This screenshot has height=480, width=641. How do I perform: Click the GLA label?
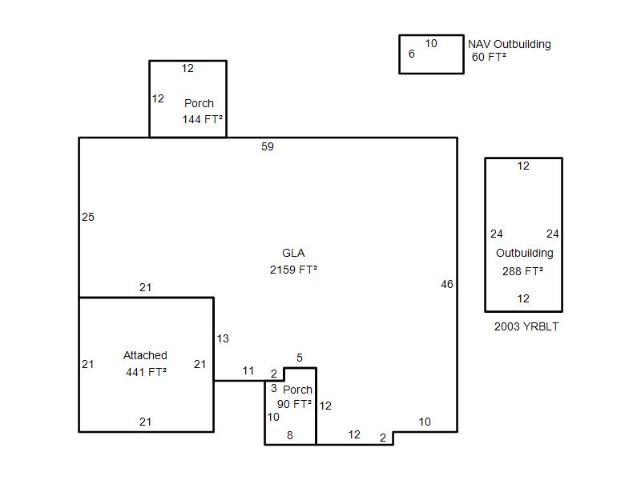[293, 253]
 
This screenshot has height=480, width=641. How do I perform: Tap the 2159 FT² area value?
[293, 270]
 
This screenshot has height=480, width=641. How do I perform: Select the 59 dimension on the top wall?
[268, 146]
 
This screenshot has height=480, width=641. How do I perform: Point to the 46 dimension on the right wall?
[447, 284]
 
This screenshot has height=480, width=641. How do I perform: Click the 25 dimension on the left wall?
[88, 217]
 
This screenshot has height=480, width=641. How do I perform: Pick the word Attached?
[145, 355]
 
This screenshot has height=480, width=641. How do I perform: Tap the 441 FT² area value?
[147, 372]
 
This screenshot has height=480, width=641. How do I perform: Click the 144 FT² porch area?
[203, 119]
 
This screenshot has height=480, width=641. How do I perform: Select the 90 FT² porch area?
[294, 404]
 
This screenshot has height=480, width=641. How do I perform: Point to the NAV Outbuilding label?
[510, 44]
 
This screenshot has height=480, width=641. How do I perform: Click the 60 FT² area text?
[489, 57]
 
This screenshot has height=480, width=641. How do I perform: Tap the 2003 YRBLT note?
[526, 326]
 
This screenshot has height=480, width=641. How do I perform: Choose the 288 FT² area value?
[523, 271]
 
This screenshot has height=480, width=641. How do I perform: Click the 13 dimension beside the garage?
[223, 338]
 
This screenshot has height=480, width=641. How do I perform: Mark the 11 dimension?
[248, 370]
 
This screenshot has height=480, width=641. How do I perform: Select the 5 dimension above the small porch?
[300, 358]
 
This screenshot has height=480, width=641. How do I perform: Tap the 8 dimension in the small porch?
[290, 435]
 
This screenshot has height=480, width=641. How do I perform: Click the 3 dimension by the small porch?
[274, 388]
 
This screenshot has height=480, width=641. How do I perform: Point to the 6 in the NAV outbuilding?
[412, 54]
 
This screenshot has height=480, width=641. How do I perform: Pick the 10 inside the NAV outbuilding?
[431, 44]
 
